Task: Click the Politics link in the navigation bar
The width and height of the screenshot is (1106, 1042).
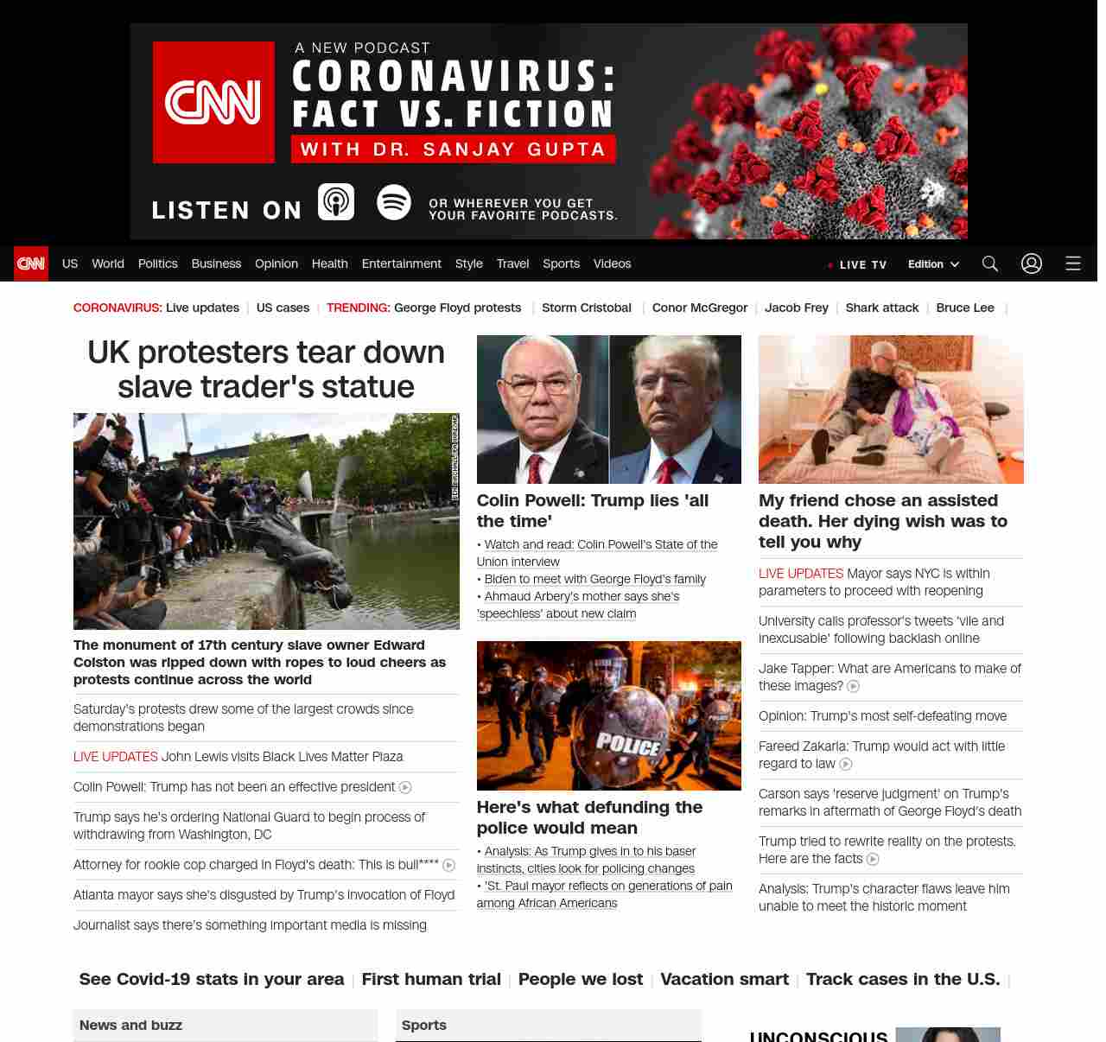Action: pos(157,264)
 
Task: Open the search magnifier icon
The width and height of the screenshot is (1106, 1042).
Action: pos(989,264)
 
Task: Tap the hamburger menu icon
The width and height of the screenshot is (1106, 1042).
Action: pos(1072,264)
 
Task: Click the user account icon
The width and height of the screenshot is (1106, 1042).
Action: pos(1031,264)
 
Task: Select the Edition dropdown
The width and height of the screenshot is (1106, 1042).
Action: pos(933,264)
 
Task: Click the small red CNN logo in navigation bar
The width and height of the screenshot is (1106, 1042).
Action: pos(31,264)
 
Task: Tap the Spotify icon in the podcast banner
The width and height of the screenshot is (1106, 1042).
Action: pos(394,202)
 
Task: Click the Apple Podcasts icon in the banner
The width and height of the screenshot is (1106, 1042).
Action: pos(336,202)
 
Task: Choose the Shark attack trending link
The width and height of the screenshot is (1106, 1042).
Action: pos(881,308)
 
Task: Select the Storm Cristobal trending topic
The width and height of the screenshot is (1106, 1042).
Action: pos(586,308)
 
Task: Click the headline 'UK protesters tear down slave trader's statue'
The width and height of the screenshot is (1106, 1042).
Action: pos(266,369)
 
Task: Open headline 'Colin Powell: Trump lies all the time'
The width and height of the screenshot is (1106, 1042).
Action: pos(592,511)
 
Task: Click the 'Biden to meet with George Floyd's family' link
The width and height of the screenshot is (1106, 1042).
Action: pos(594,579)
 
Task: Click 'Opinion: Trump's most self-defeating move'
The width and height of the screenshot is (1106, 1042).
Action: pos(882,716)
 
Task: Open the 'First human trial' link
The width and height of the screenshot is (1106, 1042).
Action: pos(431,979)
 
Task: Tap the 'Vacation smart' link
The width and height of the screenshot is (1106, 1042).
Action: pos(724,979)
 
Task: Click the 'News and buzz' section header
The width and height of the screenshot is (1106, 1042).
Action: pos(130,1026)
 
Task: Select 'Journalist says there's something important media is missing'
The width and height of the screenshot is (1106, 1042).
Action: pos(250,925)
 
